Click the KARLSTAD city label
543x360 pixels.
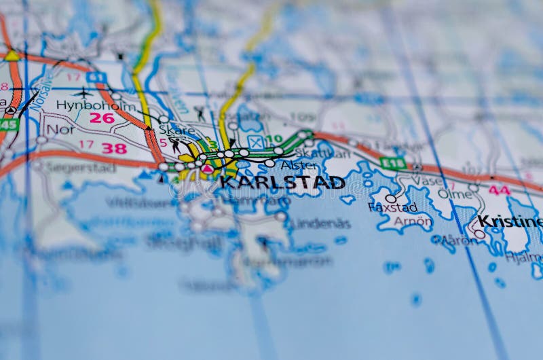282,182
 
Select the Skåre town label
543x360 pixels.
177,130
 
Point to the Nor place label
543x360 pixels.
60,129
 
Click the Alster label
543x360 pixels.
299,165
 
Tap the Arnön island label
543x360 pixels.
412,221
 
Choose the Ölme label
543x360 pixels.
455,194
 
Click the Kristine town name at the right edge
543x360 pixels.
509,221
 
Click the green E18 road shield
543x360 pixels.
392,163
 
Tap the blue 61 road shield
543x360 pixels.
96,77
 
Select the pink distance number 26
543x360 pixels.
102,118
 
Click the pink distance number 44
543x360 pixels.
500,190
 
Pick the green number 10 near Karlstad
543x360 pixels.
274,139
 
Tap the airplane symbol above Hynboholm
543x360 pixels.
83,92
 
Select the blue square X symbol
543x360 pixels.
255,142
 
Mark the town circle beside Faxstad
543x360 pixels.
390,199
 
